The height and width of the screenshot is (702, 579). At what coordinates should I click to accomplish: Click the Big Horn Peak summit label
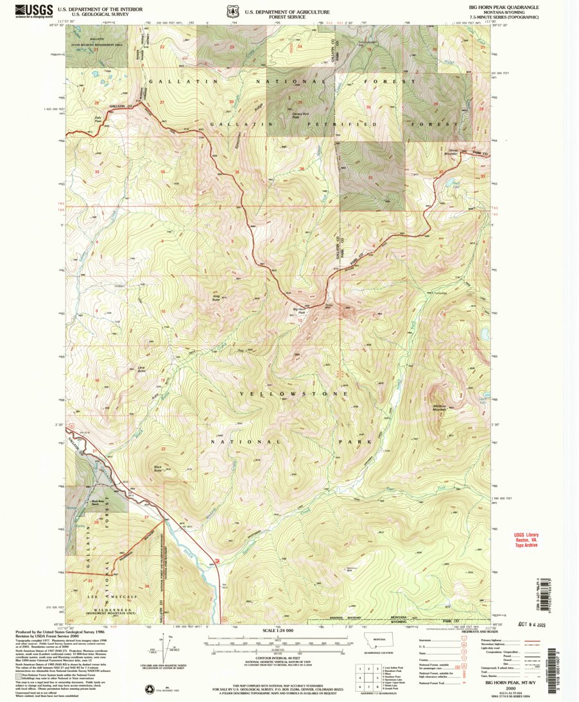(x=299, y=311)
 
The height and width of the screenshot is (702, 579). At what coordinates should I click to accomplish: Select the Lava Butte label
(x=143, y=370)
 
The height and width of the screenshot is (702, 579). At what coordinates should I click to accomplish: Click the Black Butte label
(x=157, y=468)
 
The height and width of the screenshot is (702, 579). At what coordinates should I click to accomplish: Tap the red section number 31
(x=371, y=178)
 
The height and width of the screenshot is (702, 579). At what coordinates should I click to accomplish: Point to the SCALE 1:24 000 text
(x=278, y=631)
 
